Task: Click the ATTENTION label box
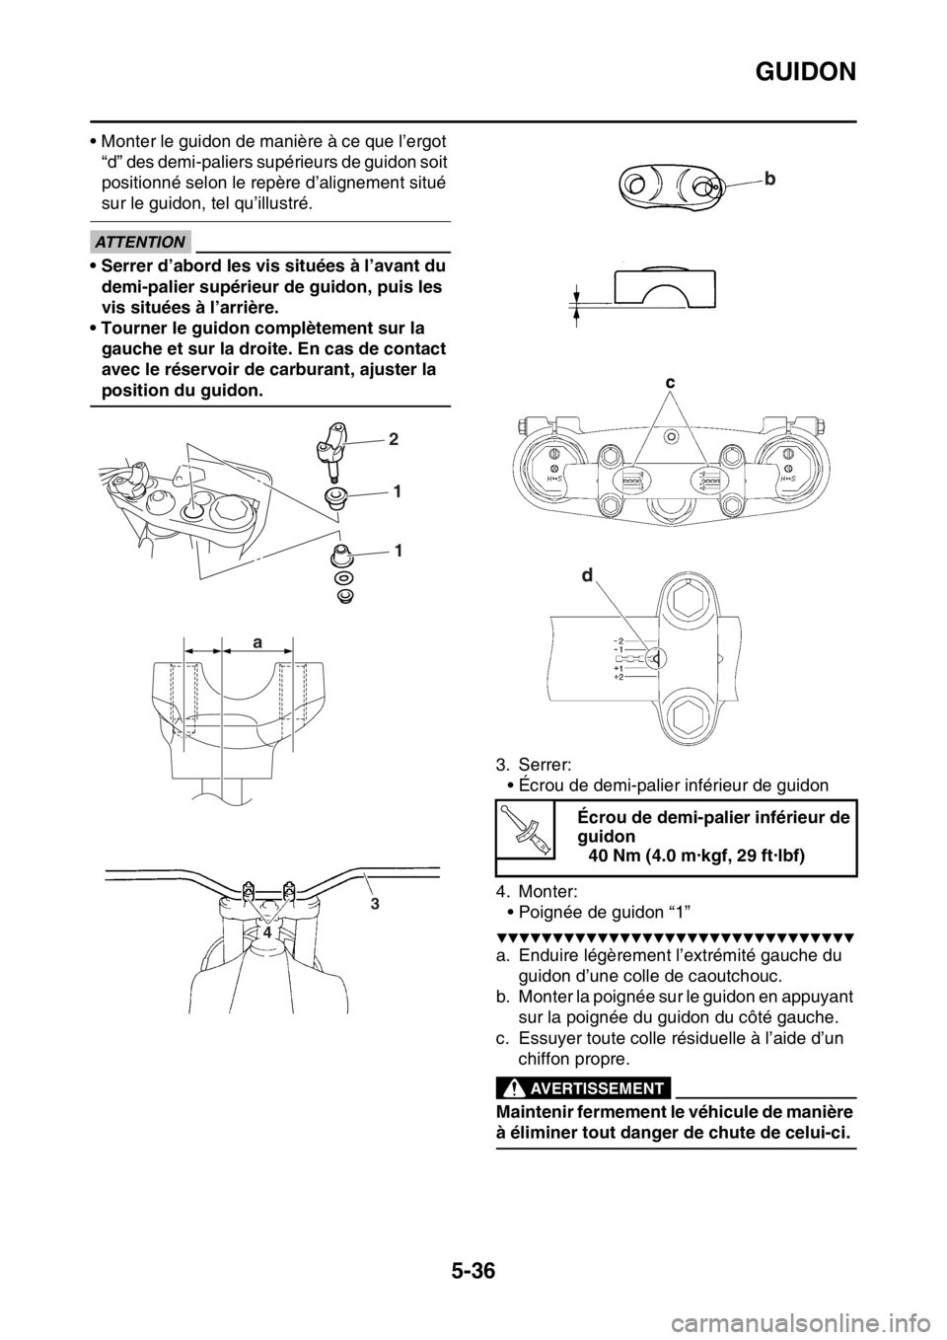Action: tap(141, 242)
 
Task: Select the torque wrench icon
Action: tap(525, 829)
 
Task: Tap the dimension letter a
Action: tap(256, 641)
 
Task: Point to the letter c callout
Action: tap(669, 381)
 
